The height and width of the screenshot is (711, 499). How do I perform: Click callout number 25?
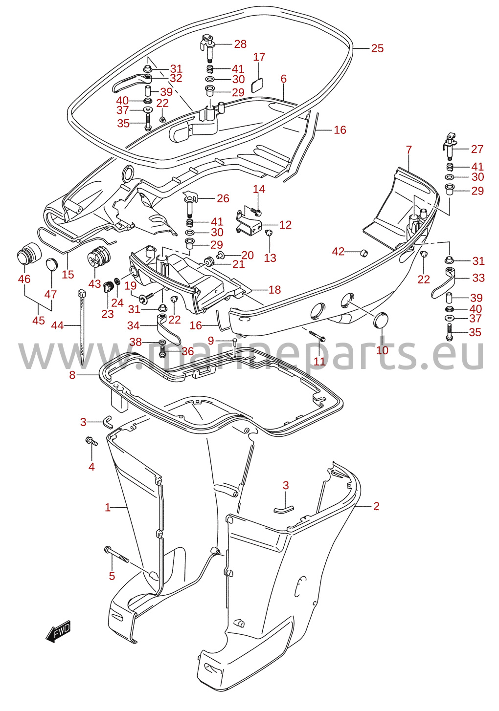coord(377,48)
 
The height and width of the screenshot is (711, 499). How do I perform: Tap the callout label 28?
coord(240,44)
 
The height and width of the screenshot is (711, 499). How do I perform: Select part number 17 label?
coord(259,57)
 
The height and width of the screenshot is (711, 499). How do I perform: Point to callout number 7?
coord(408,150)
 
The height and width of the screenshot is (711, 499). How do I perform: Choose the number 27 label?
coord(477,149)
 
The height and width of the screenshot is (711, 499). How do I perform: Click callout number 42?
coord(338,252)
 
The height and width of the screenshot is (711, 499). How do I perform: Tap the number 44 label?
coord(58,325)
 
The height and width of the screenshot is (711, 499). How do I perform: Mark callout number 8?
coord(72,375)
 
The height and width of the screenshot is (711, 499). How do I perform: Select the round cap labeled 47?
coord(51,264)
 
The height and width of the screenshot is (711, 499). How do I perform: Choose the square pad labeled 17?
coord(257,85)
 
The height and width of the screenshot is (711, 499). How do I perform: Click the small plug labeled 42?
coord(363,253)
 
